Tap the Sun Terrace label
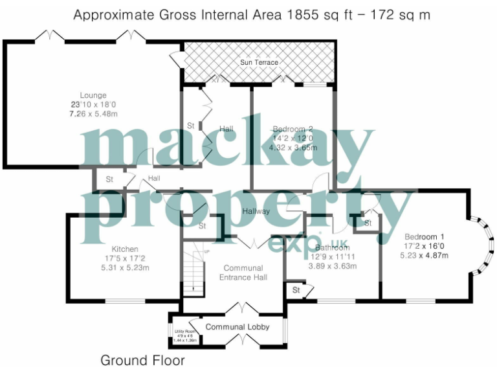tap(259, 63)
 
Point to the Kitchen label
tap(125, 249)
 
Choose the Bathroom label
tap(332, 247)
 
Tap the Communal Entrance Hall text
tap(243, 273)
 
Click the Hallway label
tap(256, 211)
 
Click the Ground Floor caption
tap(142, 360)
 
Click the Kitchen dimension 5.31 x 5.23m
tap(125, 268)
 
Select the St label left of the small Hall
tap(109, 179)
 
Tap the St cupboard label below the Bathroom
tap(296, 290)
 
